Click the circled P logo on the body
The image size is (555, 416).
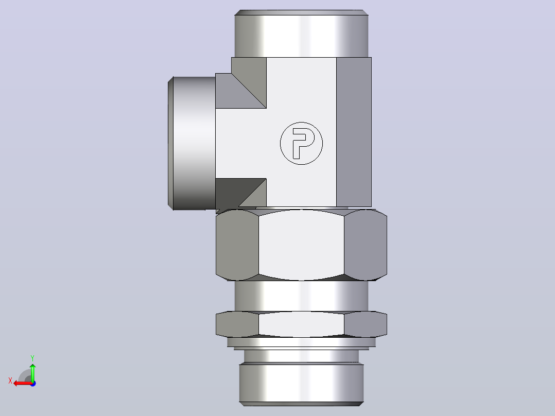[x=301, y=144]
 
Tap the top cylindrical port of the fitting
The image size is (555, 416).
[x=301, y=33]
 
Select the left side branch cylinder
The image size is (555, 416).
[x=192, y=144]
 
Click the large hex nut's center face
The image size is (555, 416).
[x=301, y=245]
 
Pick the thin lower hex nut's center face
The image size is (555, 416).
[x=301, y=324]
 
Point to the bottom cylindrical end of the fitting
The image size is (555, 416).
[x=301, y=384]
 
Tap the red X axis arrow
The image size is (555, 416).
[x=23, y=384]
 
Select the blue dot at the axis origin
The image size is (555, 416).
[x=33, y=384]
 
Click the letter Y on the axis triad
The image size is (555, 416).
[x=32, y=358]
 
